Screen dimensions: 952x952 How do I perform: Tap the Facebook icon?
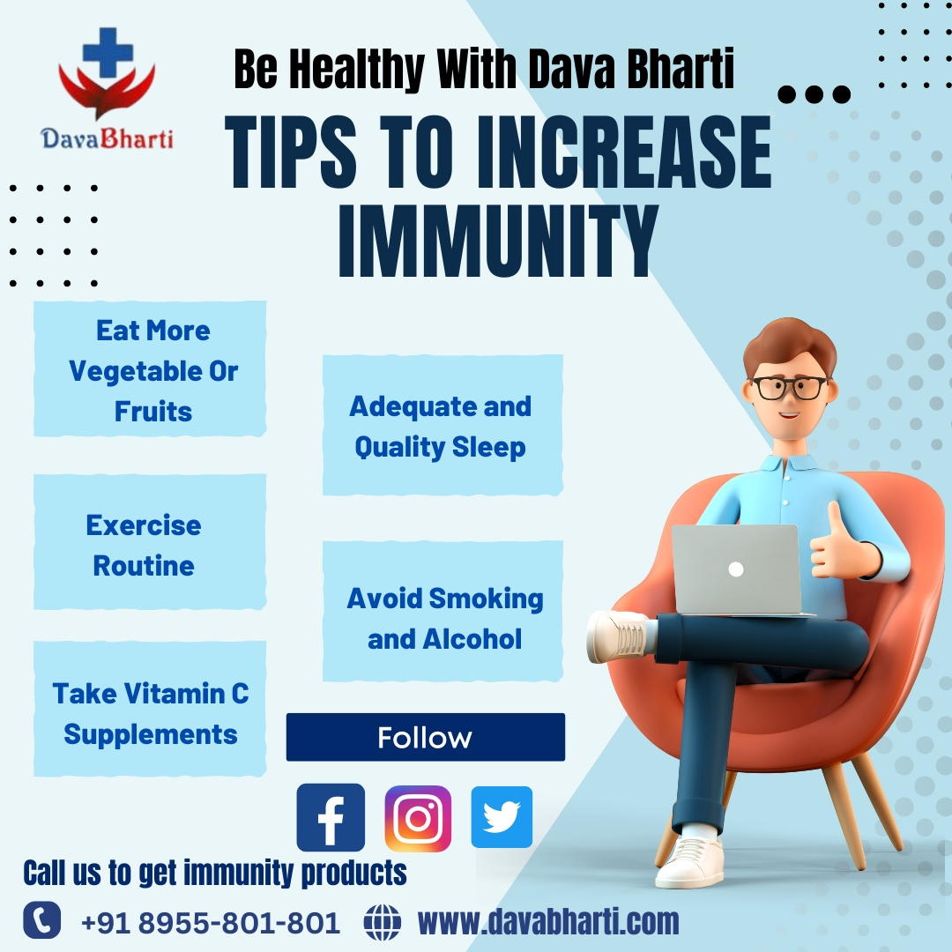[331, 817]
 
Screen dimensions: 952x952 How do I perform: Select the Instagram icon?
[418, 818]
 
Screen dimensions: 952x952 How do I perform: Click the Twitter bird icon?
[502, 817]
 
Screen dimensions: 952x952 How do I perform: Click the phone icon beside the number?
[41, 921]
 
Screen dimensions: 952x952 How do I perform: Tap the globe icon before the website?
[382, 923]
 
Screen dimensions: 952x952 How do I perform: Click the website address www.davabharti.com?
[548, 922]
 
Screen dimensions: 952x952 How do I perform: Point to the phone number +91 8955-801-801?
[210, 923]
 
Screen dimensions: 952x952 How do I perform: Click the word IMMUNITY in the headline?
[498, 241]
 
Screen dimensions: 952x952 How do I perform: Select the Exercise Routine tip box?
[149, 544]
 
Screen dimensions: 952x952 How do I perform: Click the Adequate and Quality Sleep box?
[442, 426]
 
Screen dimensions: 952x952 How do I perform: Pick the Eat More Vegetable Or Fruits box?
[150, 369]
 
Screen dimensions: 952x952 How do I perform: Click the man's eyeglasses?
[789, 387]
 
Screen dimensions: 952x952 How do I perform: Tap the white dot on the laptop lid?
[736, 569]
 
